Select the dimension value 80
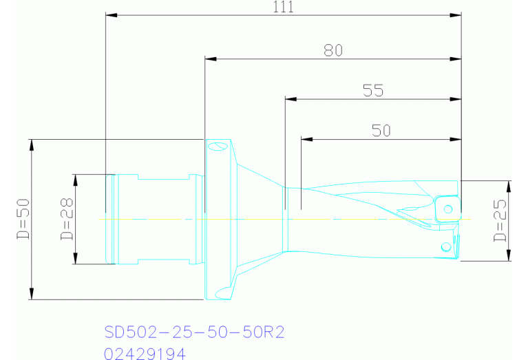pos(332,50)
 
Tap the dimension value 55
pos(372,90)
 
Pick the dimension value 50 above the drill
pos(381,130)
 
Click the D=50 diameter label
pos(22,220)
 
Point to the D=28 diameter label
pos(67,220)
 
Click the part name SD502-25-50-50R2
pos(194,332)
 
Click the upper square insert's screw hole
pos(447,209)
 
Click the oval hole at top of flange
pos(218,146)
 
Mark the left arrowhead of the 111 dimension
pos(110,14)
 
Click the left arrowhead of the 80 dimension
pos(210,58)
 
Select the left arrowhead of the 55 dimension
pos(290,99)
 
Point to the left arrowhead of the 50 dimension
pos(306,139)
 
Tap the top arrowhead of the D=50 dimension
pos(31,143)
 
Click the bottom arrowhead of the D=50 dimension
pos(31,295)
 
